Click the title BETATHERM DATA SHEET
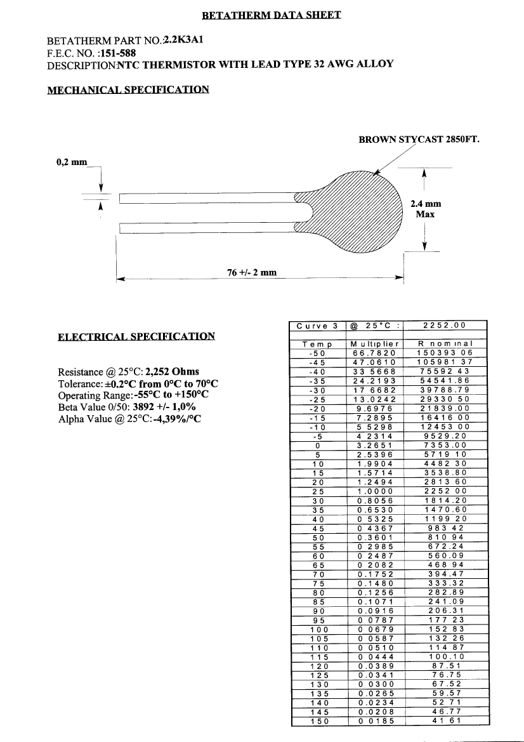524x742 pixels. [272, 15]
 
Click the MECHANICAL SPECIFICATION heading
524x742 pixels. [128, 89]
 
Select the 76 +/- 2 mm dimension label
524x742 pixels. [252, 272]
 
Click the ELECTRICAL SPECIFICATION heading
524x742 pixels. [136, 336]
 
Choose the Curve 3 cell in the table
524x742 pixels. [316, 326]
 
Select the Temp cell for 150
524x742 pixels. [316, 720]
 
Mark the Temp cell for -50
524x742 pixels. [316, 352]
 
